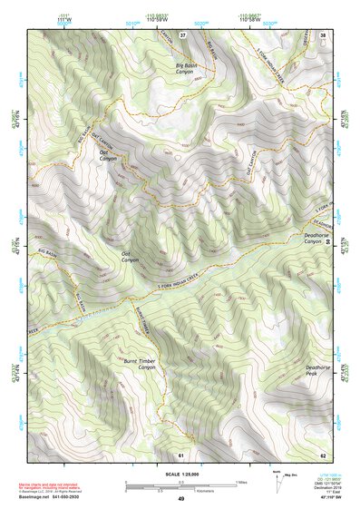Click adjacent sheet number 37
[183, 35]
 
